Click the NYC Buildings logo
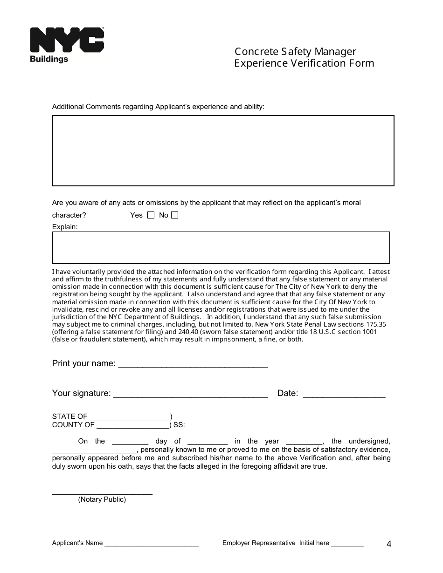[x=67, y=45]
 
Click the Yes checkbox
[x=151, y=215]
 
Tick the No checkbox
[x=174, y=215]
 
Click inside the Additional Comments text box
[x=223, y=151]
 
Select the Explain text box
[x=221, y=247]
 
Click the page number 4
[x=389, y=544]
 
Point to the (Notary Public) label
[x=102, y=499]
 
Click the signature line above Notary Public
[x=102, y=492]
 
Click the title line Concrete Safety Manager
[x=295, y=52]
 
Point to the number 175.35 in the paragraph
[x=376, y=324]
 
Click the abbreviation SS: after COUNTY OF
[x=179, y=425]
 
